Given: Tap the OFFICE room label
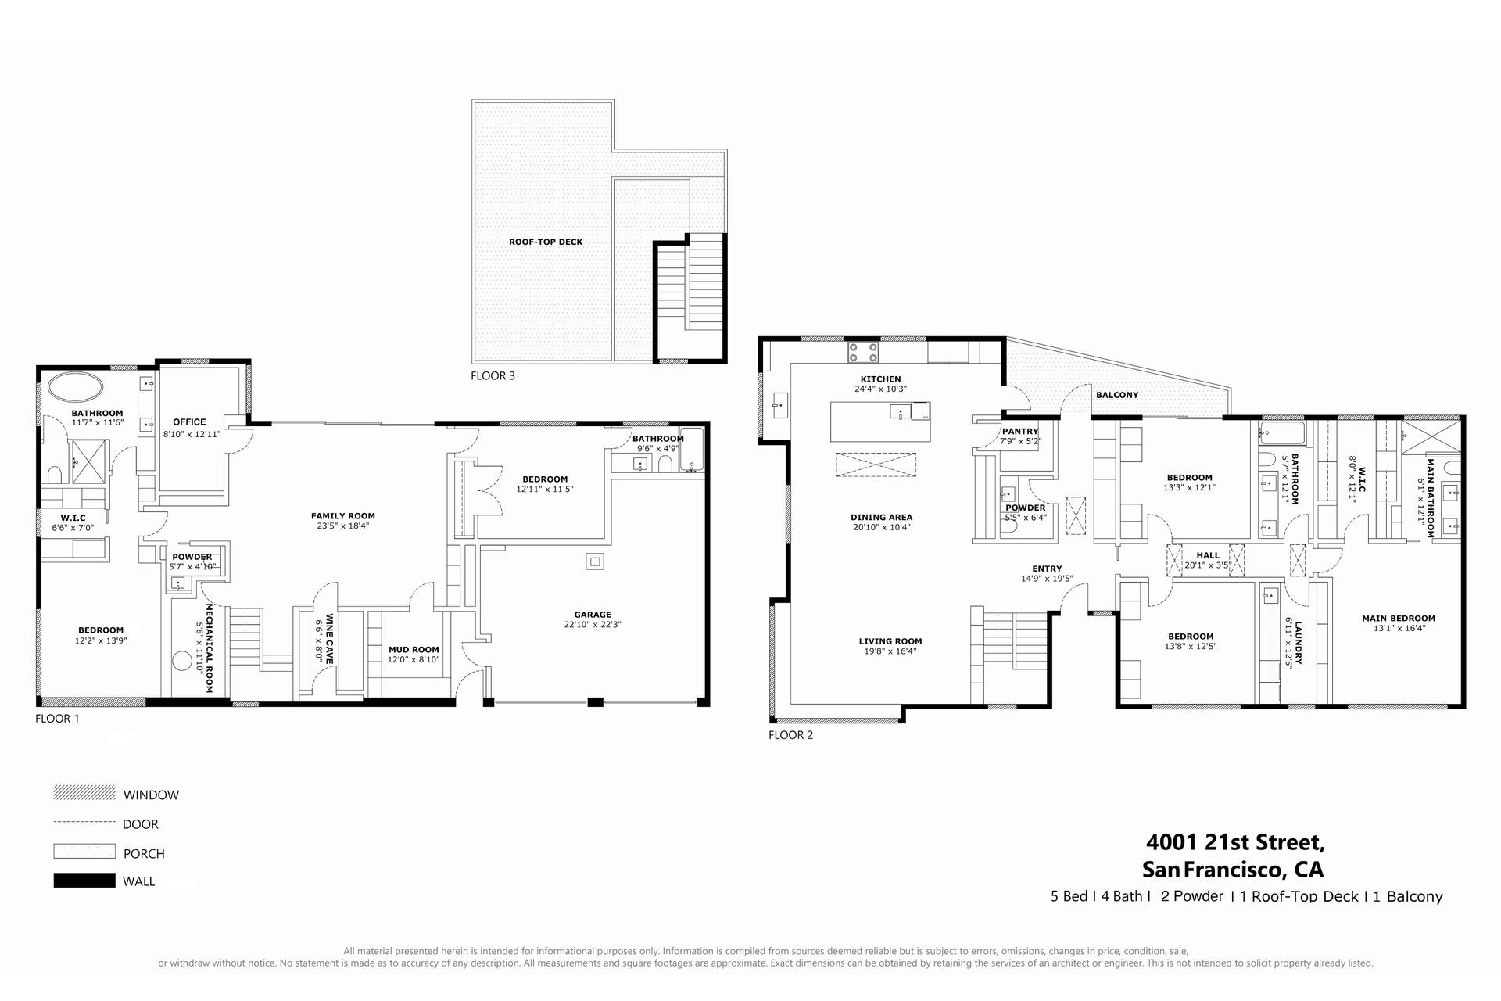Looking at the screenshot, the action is tap(189, 422).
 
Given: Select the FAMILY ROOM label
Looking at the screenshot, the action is tap(343, 516).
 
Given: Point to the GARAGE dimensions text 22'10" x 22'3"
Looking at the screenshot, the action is tap(593, 625).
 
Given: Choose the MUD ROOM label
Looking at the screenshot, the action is tap(414, 650).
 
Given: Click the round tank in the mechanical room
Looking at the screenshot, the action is tap(181, 662).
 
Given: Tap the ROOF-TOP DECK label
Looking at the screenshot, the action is tap(546, 242).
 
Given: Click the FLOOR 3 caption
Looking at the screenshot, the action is tap(493, 376).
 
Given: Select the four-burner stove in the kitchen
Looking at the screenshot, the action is tap(863, 353).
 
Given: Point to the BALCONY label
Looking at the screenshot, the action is tap(1117, 395).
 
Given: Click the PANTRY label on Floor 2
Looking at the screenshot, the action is tap(1020, 432).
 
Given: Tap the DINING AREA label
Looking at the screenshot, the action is tap(881, 518).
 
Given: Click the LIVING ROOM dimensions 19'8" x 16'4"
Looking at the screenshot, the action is tap(890, 651).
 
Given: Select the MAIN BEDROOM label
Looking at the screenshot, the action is tap(1399, 619).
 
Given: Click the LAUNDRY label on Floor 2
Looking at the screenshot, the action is tap(1298, 643).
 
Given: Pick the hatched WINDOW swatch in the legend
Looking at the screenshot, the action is tap(84, 793).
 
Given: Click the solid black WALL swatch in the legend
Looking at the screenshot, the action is tap(84, 881).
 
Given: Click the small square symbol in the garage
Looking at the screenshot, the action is tap(596, 561).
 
